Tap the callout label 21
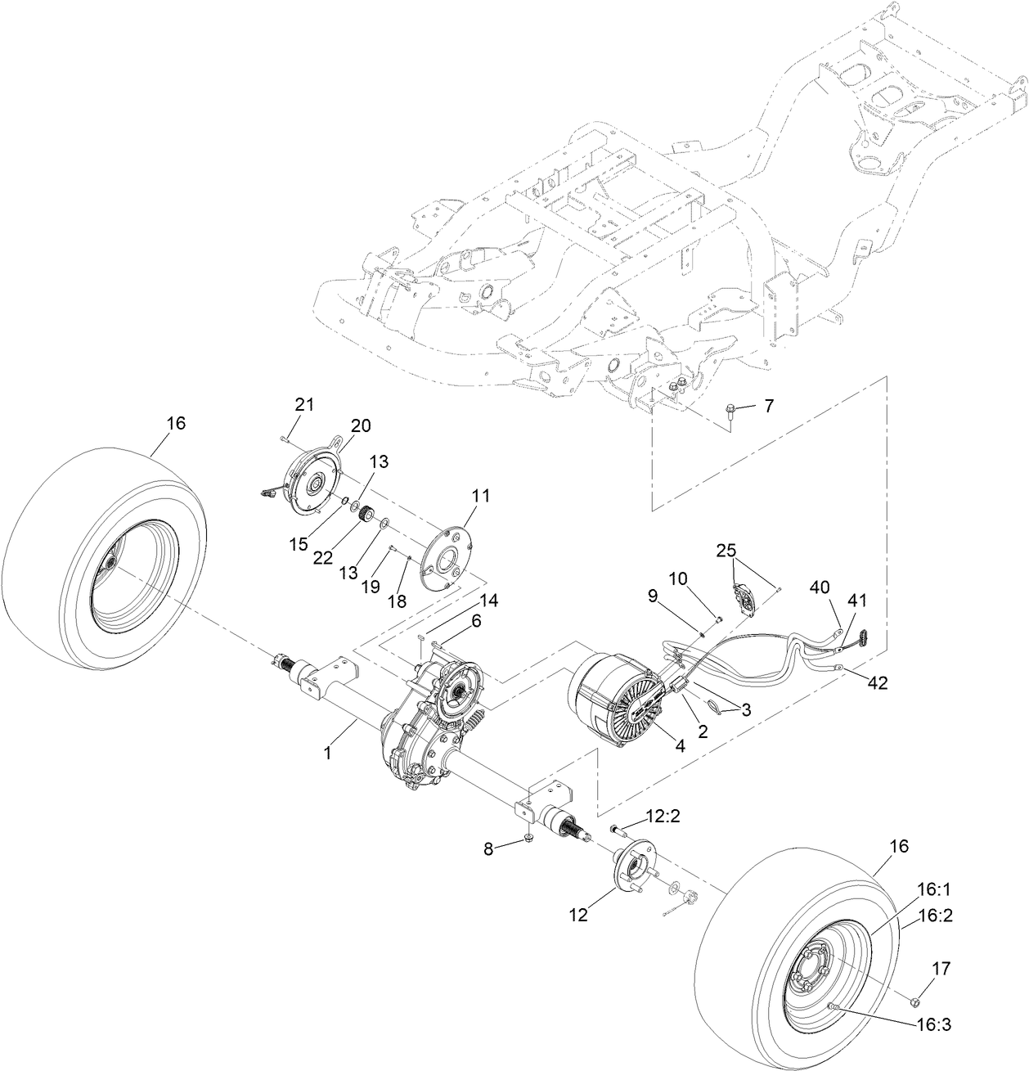click(304, 403)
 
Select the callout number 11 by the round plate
click(480, 495)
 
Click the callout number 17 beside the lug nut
click(941, 969)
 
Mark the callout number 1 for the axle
click(327, 753)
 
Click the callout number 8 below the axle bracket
click(488, 848)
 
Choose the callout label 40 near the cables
click(820, 587)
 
